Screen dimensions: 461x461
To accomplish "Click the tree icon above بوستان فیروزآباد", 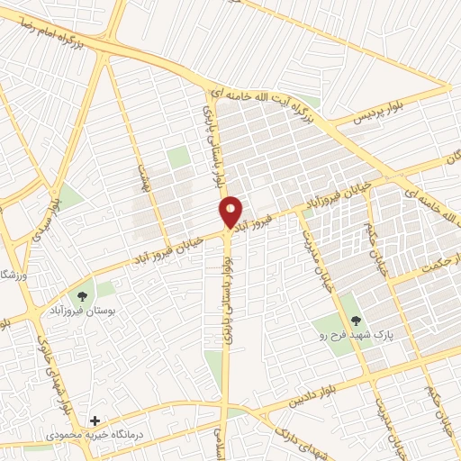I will click(83, 294).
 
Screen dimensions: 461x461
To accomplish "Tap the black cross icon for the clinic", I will click(95, 420).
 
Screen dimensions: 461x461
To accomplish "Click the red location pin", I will click(230, 212).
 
